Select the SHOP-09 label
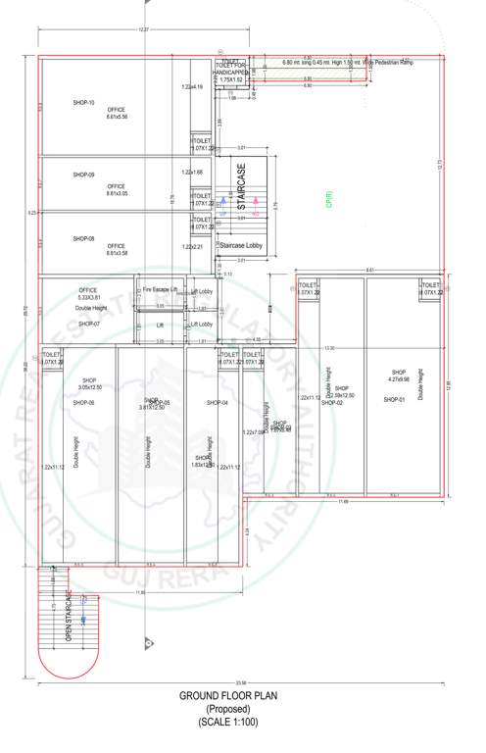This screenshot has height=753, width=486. point(83,175)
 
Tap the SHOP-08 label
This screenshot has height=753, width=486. point(83,238)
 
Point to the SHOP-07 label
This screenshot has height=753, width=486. point(90,323)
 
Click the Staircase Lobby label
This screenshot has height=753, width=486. point(241,245)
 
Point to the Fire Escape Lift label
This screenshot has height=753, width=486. point(160,290)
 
